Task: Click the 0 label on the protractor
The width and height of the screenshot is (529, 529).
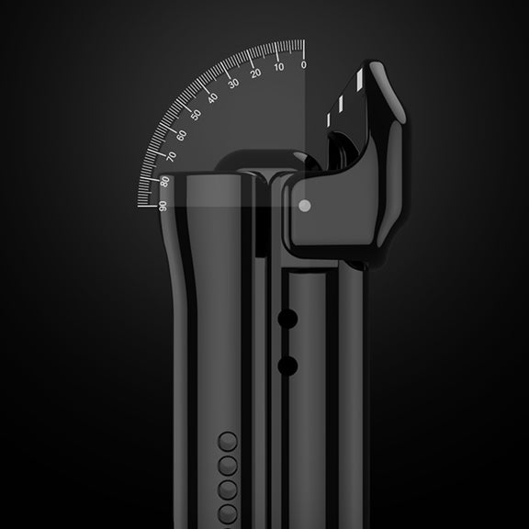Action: pyautogui.click(x=304, y=64)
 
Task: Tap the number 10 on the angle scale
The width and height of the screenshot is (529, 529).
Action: pyautogui.click(x=279, y=67)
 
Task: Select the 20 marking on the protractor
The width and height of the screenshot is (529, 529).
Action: pyautogui.click(x=255, y=73)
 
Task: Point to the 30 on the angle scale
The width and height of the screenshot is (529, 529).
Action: pyautogui.click(x=233, y=83)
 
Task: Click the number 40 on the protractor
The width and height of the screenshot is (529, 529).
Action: pyautogui.click(x=212, y=98)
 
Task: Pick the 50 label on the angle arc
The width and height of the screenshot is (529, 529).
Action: pyautogui.click(x=196, y=115)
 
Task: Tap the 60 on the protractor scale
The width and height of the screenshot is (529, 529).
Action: pyautogui.click(x=182, y=136)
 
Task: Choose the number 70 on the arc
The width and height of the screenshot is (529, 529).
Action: pyautogui.click(x=172, y=156)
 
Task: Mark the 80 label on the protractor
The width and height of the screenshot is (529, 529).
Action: pyautogui.click(x=165, y=182)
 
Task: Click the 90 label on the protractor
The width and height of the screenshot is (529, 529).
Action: pyautogui.click(x=163, y=206)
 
